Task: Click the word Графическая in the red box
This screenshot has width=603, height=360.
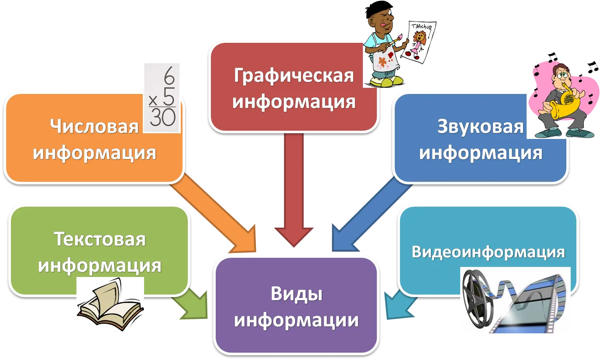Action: [x=294, y=76]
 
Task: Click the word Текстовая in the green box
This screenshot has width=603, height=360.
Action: [x=100, y=239]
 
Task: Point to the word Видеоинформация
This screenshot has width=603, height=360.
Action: [x=488, y=252]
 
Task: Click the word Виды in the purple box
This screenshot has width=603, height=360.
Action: [x=296, y=294]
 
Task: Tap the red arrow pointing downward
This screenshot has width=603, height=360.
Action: [x=294, y=190]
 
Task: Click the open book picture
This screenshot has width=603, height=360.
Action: [x=110, y=304]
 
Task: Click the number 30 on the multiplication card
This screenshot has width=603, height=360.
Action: [x=163, y=117]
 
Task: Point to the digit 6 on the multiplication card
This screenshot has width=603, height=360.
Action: [x=169, y=76]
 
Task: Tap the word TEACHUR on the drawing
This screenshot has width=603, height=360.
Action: [x=421, y=26]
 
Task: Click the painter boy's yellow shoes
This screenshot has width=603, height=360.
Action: [x=386, y=81]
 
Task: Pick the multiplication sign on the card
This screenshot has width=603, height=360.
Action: [x=153, y=101]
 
